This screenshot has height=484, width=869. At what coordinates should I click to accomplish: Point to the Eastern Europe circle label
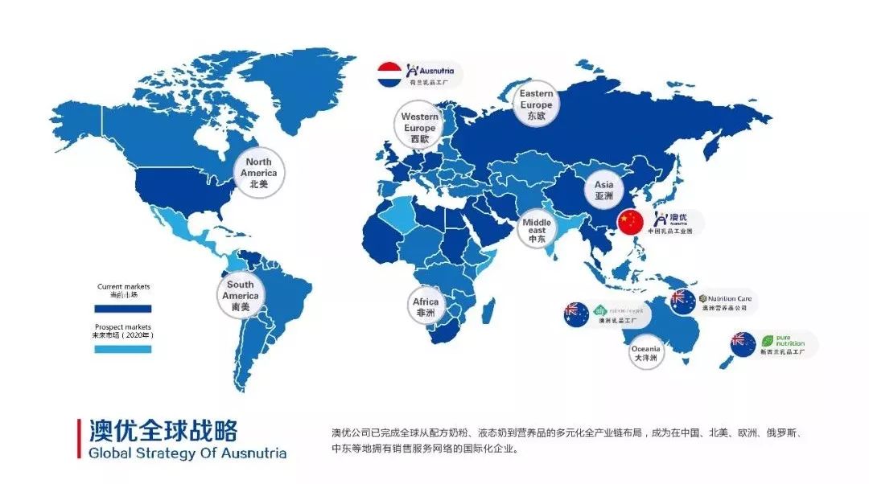tap(535, 105)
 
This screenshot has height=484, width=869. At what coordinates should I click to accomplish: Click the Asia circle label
tap(603, 190)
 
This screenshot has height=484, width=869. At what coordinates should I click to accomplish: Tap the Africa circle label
tap(426, 307)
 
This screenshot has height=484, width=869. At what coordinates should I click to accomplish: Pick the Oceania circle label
tap(645, 352)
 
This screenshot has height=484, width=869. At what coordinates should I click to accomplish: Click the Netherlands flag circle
tap(390, 73)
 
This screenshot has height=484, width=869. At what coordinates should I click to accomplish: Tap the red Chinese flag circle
tap(631, 222)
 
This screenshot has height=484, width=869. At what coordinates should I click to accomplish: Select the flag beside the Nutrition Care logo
tap(682, 301)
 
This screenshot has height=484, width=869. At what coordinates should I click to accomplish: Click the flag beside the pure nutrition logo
tap(743, 345)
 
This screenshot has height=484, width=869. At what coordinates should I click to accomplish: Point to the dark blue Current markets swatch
tap(123, 308)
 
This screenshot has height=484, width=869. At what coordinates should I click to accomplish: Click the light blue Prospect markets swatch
tap(123, 349)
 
